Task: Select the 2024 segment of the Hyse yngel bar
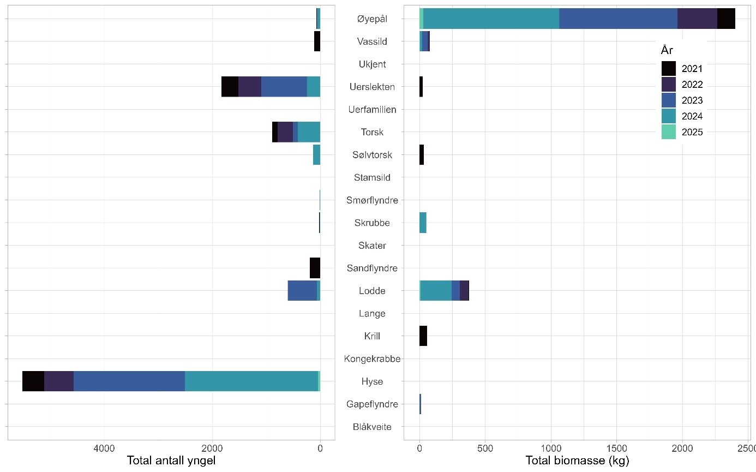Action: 251,381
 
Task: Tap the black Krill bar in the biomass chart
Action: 423,336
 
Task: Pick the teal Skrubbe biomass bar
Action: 423,223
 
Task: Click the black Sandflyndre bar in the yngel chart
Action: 315,268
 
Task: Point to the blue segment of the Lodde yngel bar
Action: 302,290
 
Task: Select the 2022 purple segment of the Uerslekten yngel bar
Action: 250,87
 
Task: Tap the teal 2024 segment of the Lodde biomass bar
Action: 436,290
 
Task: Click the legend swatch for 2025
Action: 668,132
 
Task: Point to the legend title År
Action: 667,50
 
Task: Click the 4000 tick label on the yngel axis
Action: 104,449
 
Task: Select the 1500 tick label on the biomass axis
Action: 616,449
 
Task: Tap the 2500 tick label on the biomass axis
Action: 747,449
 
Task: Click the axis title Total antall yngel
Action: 171,461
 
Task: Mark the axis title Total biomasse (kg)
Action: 577,461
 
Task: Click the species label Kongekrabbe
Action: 372,359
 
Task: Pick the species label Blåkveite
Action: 372,427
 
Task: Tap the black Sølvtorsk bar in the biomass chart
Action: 422,155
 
